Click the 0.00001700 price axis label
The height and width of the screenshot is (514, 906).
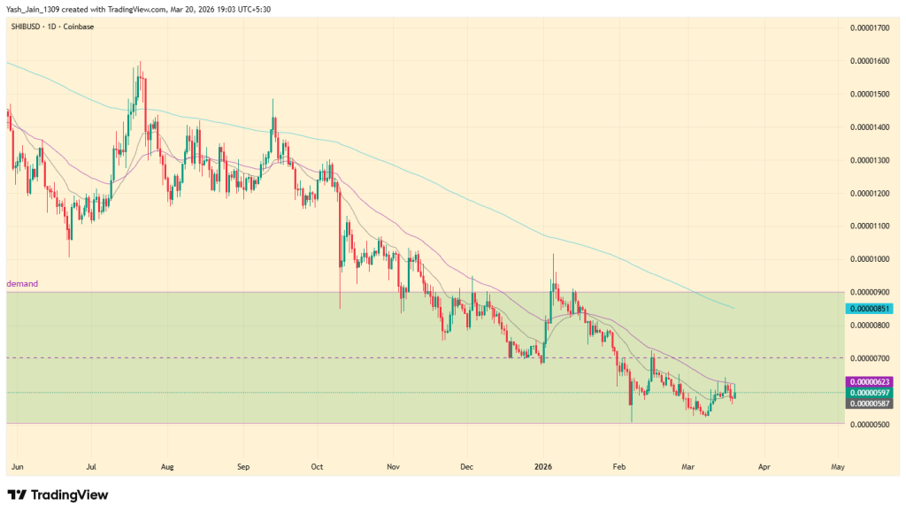870,28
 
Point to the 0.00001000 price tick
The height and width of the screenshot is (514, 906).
870,259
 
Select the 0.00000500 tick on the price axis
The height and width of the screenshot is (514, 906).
870,424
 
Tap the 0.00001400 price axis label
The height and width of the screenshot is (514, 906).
870,127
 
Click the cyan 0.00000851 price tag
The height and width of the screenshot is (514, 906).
870,309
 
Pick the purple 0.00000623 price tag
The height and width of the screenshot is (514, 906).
870,381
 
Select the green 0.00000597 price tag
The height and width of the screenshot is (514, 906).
870,392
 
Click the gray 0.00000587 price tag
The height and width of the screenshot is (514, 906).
870,403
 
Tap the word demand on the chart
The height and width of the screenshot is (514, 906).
22,284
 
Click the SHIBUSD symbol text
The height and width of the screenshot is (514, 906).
27,27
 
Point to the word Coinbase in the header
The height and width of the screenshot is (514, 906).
80,27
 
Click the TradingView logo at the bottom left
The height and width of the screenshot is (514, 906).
58,495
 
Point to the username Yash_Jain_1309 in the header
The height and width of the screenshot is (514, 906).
35,9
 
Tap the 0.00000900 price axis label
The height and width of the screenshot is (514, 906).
870,292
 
